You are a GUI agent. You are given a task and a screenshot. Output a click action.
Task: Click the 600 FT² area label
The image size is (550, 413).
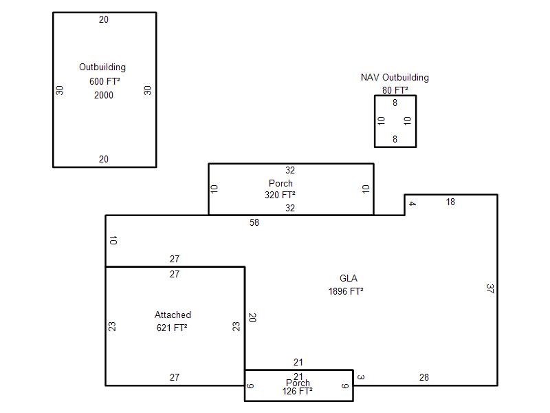pos(104,81)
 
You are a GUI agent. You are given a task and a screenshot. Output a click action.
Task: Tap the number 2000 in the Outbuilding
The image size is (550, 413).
pos(104,95)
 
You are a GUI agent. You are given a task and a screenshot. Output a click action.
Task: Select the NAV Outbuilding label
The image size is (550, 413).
pos(395,77)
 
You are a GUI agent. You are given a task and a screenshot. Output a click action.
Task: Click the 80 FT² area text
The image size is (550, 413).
pos(395,90)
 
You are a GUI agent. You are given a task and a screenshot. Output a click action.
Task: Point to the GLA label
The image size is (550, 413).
pos(349,278)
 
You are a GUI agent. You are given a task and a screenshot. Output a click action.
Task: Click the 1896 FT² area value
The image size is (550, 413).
pos(346,291)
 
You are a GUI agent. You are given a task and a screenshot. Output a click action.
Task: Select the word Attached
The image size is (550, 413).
pos(173,315)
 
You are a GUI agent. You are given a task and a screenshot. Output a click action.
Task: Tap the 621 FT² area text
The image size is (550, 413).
pos(172,328)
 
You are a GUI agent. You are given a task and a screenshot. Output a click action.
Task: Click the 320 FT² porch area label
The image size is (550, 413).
pos(280,195)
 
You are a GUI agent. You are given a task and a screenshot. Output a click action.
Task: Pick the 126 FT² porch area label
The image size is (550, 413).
pos(298,391)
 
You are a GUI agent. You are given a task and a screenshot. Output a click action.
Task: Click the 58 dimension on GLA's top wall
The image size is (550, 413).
pos(254,222)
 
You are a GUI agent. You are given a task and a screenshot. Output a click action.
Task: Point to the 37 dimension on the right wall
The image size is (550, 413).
pos(490,288)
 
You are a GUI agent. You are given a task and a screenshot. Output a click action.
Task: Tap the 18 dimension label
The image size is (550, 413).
pos(450,202)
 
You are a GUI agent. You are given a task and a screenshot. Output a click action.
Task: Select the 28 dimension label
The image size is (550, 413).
pos(424,377)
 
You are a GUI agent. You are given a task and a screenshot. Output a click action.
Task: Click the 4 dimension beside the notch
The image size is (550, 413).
pos(412,204)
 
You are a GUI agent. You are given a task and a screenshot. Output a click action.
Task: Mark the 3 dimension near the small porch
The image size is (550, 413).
pos(361,377)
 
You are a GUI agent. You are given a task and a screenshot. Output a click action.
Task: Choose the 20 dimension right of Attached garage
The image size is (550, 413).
pos(252,317)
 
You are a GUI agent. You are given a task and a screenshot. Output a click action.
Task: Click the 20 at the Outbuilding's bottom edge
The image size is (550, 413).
pos(104,159)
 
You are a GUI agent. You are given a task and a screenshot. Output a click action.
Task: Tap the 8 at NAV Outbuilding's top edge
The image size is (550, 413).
pos(395,103)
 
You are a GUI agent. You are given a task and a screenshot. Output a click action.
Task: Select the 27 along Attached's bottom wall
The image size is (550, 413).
pos(175,377)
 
